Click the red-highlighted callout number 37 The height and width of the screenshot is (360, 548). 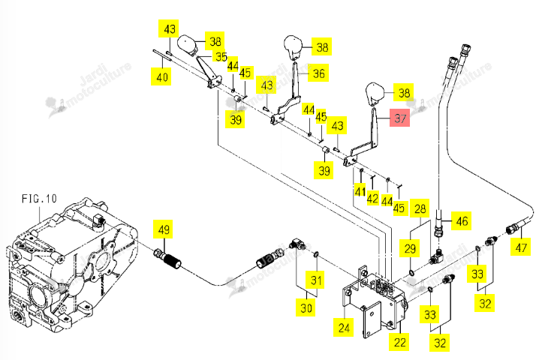400,118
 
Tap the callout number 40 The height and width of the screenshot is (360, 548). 162,76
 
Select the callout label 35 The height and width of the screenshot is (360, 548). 221,56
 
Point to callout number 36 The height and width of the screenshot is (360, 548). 318,73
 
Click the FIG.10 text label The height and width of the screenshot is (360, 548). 39,199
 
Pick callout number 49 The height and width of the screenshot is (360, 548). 164,229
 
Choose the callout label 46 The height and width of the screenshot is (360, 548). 462,220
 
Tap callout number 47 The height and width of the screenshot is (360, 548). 521,247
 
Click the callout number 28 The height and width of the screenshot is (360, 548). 420,208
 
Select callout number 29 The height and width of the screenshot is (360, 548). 410,248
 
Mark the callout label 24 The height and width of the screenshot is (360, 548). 344,328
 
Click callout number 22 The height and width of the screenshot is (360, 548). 399,342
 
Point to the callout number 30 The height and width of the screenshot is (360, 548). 306,307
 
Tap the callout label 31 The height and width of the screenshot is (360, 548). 316,280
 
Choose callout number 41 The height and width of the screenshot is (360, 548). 360,191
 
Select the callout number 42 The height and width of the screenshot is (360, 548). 372,198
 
